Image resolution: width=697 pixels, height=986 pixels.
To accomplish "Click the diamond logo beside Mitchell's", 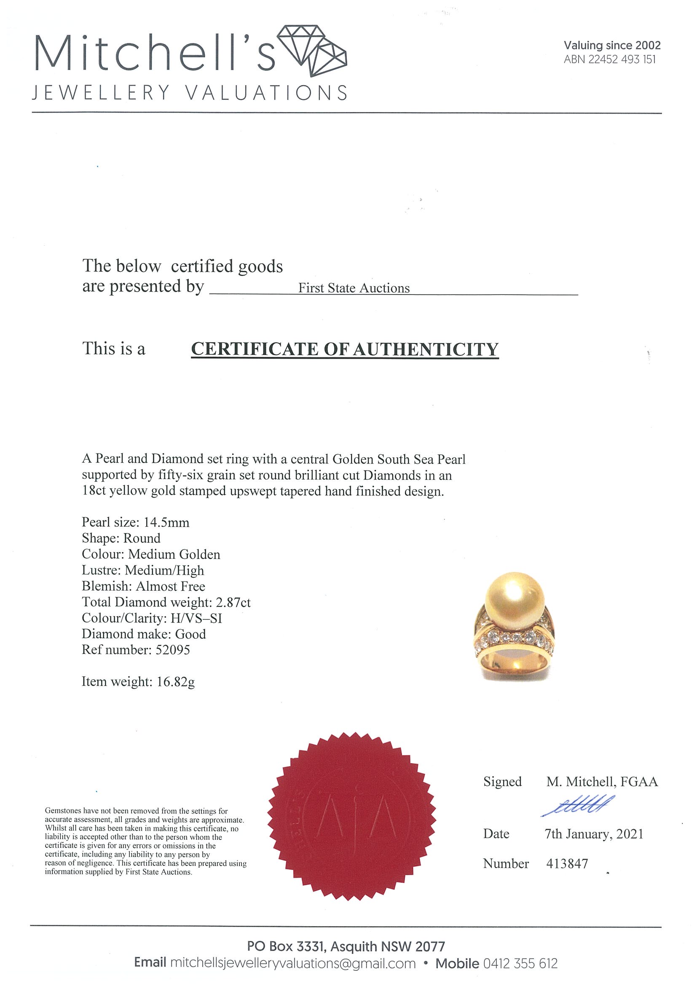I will coord(313,51).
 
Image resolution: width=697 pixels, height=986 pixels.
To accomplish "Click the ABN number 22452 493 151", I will coord(622,60).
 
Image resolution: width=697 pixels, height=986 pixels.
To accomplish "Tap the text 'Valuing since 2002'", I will coord(612,45).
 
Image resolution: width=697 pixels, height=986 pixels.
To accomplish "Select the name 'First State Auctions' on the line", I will coord(354,288).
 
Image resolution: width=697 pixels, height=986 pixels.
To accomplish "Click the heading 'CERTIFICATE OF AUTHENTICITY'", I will coord(344,349).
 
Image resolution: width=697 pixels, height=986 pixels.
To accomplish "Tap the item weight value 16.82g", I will coord(176,681).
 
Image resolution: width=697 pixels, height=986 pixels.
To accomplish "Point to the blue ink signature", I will coord(578,806).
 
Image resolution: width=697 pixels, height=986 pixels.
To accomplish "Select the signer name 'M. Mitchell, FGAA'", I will coord(602,782).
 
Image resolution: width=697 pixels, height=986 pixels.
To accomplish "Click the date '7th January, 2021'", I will coord(594,834).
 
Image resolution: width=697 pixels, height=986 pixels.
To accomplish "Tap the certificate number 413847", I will coord(567,863).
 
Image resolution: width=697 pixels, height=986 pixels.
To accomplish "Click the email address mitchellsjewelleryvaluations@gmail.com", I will coord(293,963).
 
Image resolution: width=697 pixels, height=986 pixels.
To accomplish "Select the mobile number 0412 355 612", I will coord(520,963).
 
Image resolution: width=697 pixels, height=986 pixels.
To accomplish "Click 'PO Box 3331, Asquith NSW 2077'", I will coord(346,946).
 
